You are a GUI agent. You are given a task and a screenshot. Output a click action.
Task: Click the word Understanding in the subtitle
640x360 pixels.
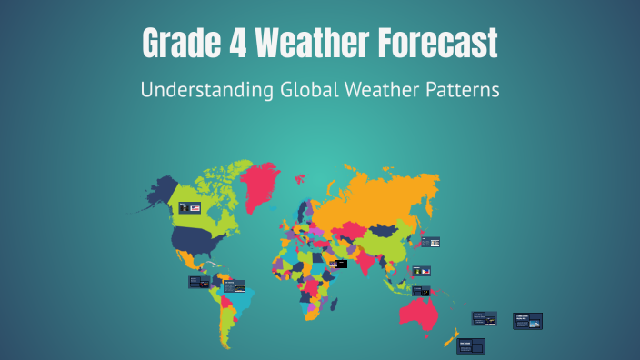(195, 92)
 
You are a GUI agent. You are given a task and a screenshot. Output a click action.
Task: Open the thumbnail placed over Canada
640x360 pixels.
(189, 207)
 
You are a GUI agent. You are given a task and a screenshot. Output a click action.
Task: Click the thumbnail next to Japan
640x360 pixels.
(431, 242)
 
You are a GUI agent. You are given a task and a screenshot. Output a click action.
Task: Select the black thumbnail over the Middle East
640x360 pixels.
(341, 265)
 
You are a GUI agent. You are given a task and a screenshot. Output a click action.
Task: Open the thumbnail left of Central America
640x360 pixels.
(199, 282)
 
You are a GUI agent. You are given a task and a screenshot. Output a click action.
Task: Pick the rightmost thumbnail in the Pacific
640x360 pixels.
(527, 321)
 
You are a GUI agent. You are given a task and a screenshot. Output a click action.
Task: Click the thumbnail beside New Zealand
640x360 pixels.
(470, 345)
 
